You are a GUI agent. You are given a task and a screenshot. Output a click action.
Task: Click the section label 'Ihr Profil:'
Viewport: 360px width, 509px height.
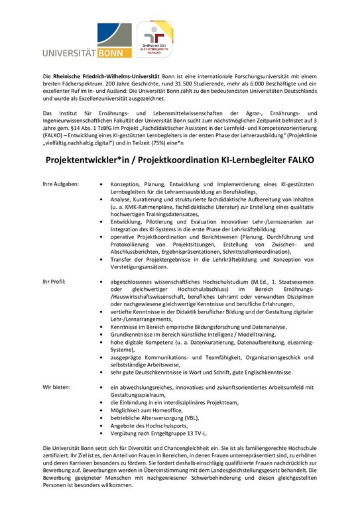pyautogui.click(x=54, y=282)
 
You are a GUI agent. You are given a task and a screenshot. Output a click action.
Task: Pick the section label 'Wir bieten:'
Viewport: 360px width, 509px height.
pyautogui.click(x=56, y=386)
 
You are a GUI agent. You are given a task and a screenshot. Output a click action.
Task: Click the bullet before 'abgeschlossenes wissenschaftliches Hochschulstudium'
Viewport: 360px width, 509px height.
pyautogui.click(x=100, y=282)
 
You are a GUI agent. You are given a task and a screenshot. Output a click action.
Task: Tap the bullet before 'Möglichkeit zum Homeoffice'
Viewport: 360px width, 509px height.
pyautogui.click(x=100, y=410)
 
